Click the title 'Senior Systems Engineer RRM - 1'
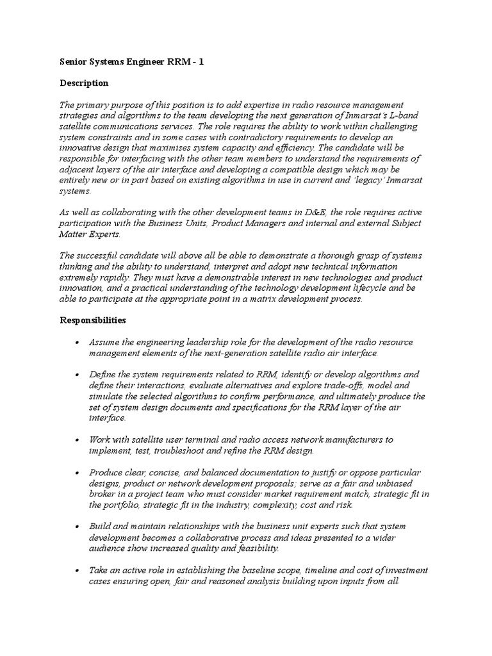(131, 61)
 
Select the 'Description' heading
(84, 83)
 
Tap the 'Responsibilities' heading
(93, 319)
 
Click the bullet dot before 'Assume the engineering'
(77, 342)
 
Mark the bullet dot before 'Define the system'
(77, 374)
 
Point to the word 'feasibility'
(255, 548)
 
